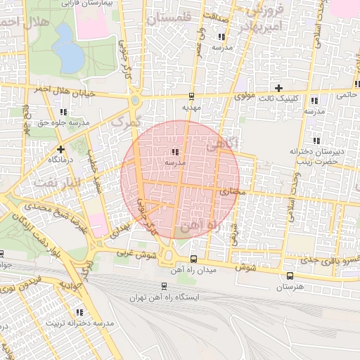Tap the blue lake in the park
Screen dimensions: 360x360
coord(66,45)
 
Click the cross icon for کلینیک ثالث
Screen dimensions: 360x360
coord(279,89)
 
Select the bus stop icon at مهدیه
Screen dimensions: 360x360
coord(192,96)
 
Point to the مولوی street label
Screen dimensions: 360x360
coord(244,94)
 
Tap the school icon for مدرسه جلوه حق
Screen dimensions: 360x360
coord(64,112)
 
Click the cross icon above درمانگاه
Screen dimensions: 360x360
coord(61,149)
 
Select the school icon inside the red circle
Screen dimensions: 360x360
coord(174,151)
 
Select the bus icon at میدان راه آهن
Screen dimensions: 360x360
coord(194,259)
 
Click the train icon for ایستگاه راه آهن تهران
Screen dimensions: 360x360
coord(164,286)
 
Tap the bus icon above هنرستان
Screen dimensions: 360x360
coord(290,276)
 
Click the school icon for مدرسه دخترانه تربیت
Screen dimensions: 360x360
coord(79,311)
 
